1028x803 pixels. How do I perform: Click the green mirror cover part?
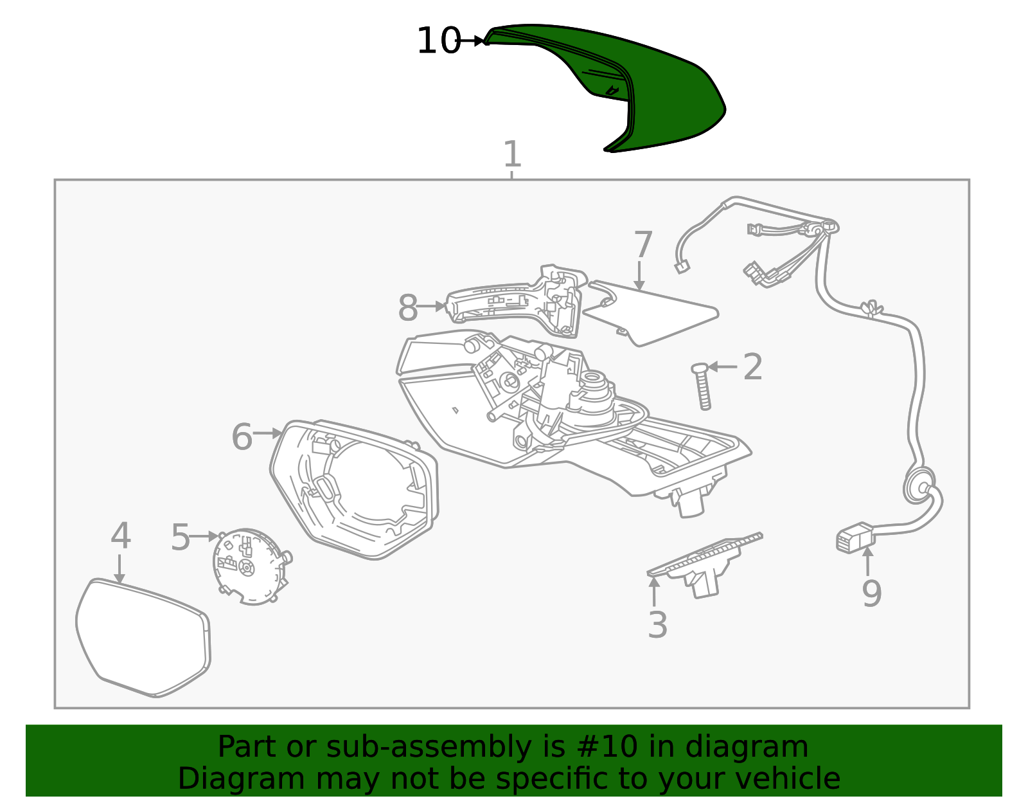pos(662,95)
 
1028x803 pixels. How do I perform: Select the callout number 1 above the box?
pos(512,154)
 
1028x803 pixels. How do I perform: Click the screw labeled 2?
pos(702,386)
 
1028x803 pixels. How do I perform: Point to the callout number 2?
pos(752,366)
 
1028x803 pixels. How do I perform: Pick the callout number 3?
pos(657,625)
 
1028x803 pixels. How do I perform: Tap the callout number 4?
pos(121,536)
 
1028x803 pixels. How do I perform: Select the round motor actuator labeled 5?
pos(252,567)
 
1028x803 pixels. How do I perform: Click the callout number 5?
pos(181,537)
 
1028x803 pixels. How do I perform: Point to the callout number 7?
pos(643,244)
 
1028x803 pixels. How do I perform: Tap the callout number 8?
pos(408,308)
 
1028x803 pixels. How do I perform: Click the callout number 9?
pos(871,593)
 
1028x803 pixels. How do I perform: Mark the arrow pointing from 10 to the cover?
pos(471,41)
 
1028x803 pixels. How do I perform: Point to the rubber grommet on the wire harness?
pos(919,485)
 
